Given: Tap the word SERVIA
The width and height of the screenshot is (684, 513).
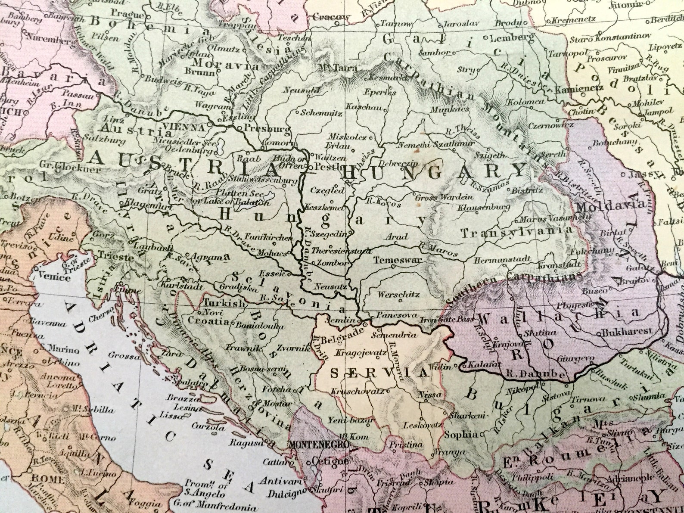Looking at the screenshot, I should coord(379,373).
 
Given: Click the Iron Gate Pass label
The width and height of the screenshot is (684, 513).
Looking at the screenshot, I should coord(447,319).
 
